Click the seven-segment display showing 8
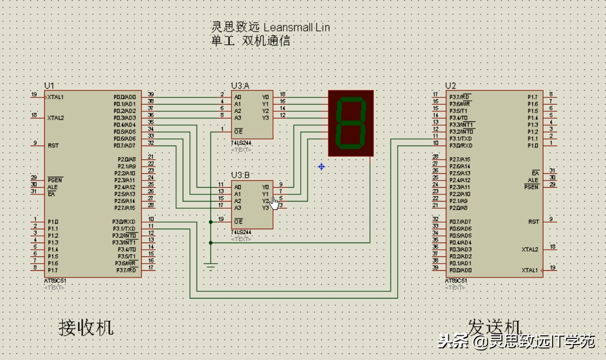tap(351, 123)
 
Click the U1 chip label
tap(49, 85)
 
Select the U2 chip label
tap(450, 85)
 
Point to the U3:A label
tap(240, 85)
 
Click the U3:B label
tap(240, 175)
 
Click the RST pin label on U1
tap(54, 146)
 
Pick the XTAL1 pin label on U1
tap(56, 97)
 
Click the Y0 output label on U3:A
tap(265, 97)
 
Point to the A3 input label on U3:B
tap(238, 208)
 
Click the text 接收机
tap(86, 327)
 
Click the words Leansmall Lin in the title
tap(297, 27)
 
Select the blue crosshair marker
tap(321, 166)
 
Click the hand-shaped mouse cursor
tap(275, 203)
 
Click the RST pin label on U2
tap(533, 222)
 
